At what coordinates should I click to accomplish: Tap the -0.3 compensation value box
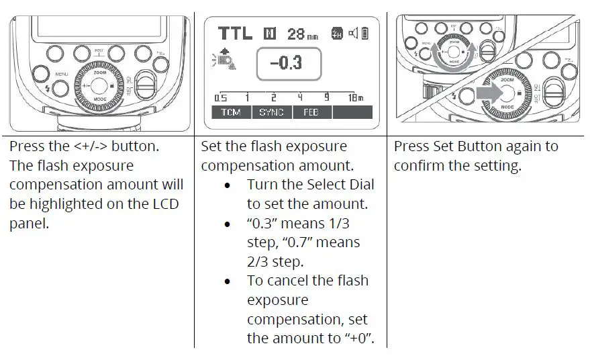tap(289, 64)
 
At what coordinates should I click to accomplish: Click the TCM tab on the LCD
tap(231, 113)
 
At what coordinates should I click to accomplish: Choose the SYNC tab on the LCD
tap(272, 113)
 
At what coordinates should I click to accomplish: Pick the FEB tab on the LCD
tap(311, 113)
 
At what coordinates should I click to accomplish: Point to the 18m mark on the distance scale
tap(355, 97)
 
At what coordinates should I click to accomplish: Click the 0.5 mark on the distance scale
tap(220, 97)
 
